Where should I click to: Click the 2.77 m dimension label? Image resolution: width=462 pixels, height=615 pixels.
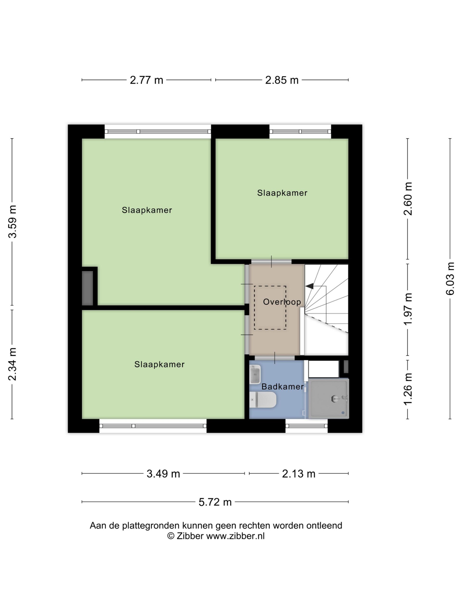pyautogui.click(x=146, y=80)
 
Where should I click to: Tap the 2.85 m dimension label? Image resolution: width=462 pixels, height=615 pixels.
pyautogui.click(x=282, y=80)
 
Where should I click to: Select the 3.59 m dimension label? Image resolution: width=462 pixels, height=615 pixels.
pyautogui.click(x=13, y=221)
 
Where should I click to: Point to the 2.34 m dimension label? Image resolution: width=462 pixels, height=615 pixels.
pyautogui.click(x=13, y=364)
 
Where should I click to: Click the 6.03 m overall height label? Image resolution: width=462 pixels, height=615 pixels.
pyautogui.click(x=450, y=278)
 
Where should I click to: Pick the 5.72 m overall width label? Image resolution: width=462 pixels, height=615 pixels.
pyautogui.click(x=215, y=502)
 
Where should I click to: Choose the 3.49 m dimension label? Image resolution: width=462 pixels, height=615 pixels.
pyautogui.click(x=163, y=474)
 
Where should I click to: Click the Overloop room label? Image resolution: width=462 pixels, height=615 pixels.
pyautogui.click(x=282, y=302)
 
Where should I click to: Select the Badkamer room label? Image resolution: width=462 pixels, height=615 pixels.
pyautogui.click(x=282, y=387)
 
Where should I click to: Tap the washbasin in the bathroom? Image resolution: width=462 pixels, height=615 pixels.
pyautogui.click(x=255, y=374)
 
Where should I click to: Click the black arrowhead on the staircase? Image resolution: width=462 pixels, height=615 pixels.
pyautogui.click(x=309, y=286)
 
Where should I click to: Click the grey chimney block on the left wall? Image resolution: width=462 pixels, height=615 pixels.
pyautogui.click(x=87, y=288)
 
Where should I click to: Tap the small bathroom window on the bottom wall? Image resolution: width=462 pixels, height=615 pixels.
pyautogui.click(x=306, y=426)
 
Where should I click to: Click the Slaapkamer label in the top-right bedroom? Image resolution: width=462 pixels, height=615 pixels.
pyautogui.click(x=282, y=193)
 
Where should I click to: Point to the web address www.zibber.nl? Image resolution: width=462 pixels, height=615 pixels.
pyautogui.click(x=235, y=536)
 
